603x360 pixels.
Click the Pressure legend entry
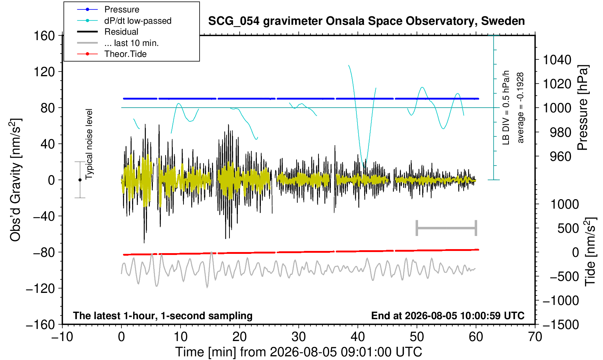108,10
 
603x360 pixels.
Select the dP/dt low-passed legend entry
124,21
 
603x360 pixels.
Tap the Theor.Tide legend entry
112,54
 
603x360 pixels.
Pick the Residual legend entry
108,32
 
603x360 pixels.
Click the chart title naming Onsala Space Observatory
366,21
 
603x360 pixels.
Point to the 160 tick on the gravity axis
44,36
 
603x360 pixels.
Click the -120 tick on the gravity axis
40,289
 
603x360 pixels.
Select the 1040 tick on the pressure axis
557,60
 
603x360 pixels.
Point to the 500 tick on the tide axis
568,228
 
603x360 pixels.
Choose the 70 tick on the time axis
535,337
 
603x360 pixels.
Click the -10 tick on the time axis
62,337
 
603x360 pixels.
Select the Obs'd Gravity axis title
15,180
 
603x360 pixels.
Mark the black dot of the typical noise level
80,180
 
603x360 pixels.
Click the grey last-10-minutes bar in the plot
447,228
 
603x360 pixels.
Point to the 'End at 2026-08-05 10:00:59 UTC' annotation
448,316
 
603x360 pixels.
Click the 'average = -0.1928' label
520,108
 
